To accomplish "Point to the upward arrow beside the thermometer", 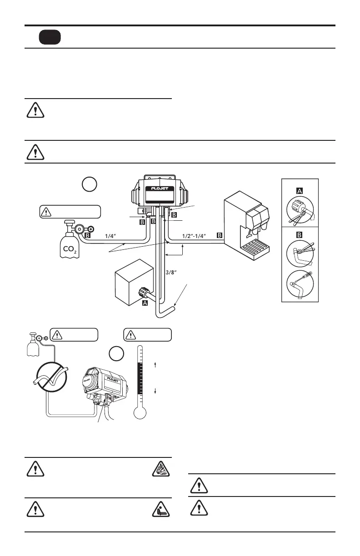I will coord(155,364).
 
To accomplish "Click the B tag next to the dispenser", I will coord(220,236).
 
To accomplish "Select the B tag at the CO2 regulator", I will coord(88,236).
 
